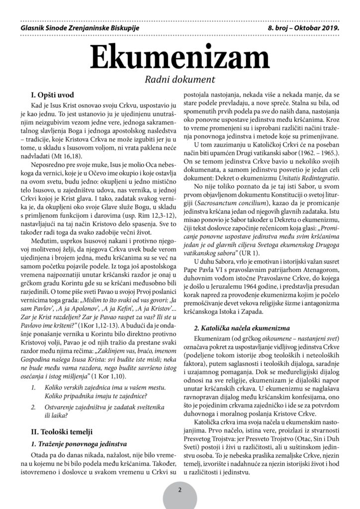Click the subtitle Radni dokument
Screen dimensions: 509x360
tap(180, 79)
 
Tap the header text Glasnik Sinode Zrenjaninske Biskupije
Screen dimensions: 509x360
tap(77, 29)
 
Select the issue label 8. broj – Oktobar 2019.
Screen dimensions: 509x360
tap(303, 29)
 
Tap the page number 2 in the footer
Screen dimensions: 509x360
tap(180, 490)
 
